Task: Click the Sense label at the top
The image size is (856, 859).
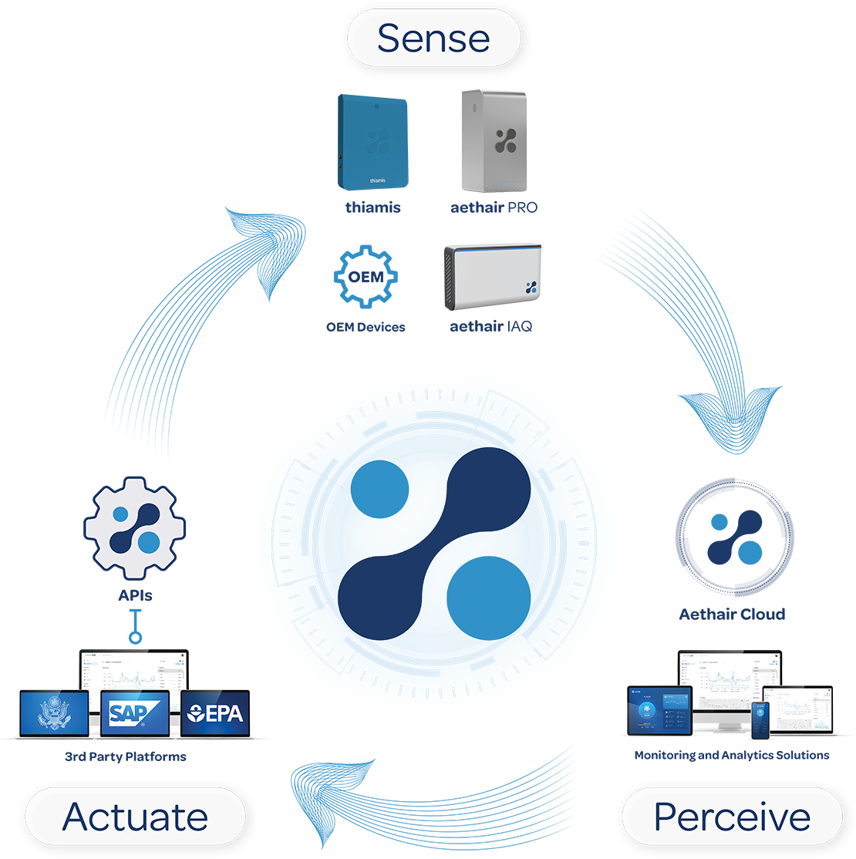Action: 433,38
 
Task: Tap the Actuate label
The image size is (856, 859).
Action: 135,817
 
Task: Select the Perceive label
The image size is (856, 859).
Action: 731,817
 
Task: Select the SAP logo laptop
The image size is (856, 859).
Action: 135,712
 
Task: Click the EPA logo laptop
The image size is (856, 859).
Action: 215,712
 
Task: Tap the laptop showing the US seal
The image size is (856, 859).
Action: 54,712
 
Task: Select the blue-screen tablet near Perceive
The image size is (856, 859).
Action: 659,710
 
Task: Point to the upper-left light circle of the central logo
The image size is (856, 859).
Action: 379,489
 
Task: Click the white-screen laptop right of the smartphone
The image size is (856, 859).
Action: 802,709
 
